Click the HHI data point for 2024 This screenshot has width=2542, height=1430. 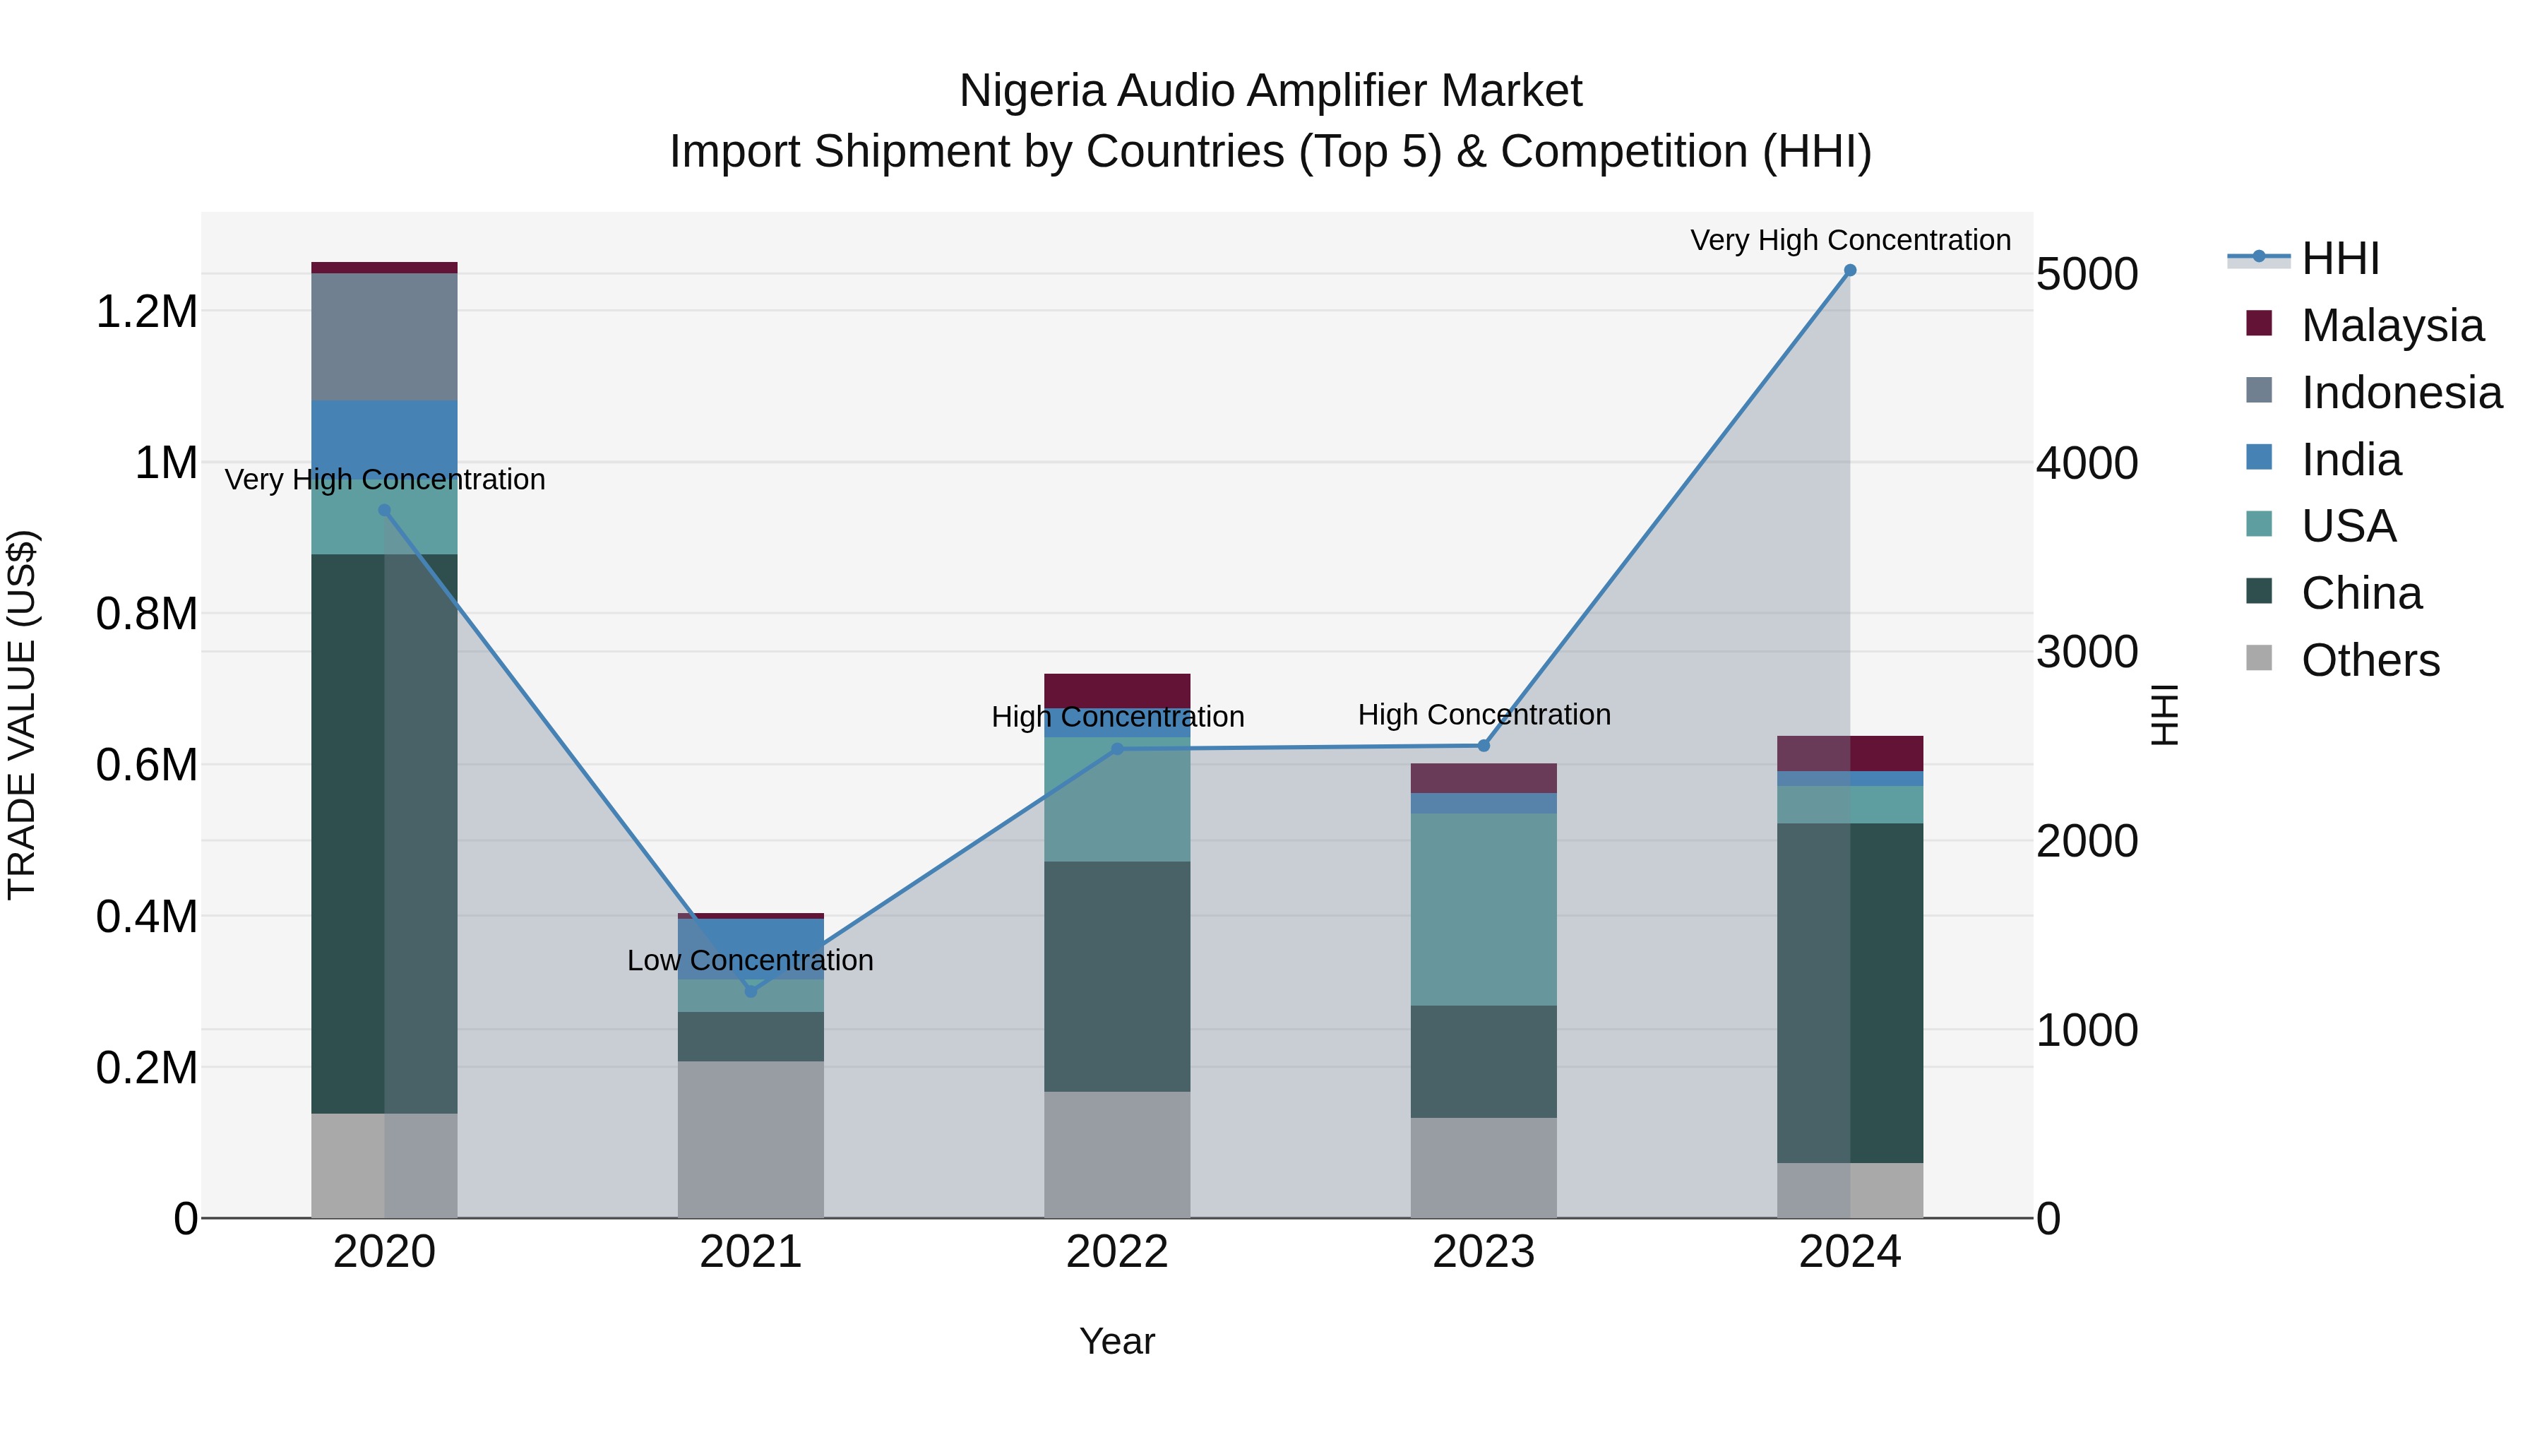coord(1849,270)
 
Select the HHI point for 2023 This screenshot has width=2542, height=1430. coord(1483,746)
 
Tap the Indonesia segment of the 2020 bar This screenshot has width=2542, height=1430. coord(384,335)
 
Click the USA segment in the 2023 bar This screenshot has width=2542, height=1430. coord(1483,909)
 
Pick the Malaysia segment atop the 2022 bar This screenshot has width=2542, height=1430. coord(1117,690)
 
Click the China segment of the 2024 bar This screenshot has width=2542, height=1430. coord(1849,992)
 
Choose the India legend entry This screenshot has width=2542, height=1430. coord(2351,460)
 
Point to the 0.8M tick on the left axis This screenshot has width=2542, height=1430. coord(146,614)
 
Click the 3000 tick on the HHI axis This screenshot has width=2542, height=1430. coord(2086,653)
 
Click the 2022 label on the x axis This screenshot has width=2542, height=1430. coord(1117,1252)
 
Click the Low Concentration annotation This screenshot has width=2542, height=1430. coord(750,960)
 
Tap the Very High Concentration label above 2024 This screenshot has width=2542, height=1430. coord(1849,240)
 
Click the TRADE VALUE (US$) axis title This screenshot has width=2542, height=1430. coord(22,715)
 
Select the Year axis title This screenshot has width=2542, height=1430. coord(1117,1341)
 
